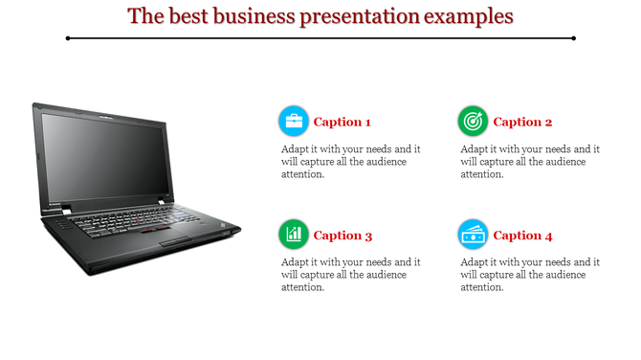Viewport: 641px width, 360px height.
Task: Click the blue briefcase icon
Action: [294, 122]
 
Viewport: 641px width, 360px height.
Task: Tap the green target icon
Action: [473, 122]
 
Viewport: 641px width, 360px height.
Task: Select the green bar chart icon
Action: [294, 235]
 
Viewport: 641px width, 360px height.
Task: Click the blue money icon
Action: [473, 235]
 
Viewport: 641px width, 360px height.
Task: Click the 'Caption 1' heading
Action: [343, 122]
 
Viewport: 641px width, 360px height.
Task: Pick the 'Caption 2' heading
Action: [522, 122]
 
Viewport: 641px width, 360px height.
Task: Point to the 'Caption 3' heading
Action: [343, 236]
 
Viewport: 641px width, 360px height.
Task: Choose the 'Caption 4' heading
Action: [522, 236]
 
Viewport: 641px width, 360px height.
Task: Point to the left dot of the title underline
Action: [68, 38]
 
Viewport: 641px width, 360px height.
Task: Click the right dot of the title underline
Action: [573, 38]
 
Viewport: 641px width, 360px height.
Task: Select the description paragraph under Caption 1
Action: [350, 162]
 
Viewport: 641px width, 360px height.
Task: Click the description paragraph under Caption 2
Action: [529, 162]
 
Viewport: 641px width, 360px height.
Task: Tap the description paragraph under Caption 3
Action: [350, 275]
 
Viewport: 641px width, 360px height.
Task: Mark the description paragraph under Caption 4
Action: [529, 275]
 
